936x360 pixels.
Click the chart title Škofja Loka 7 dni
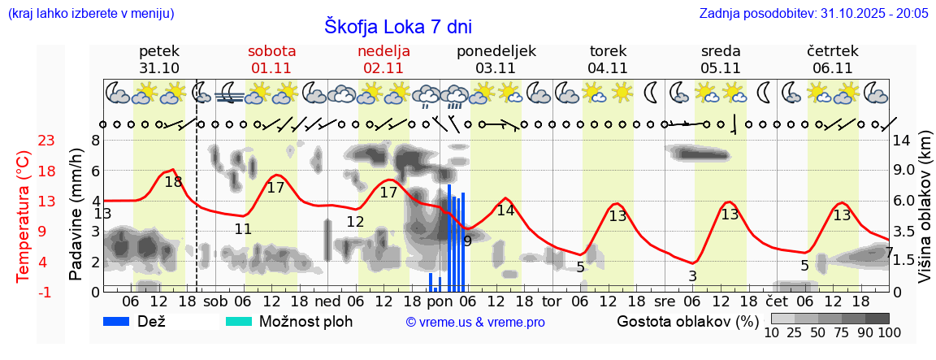point(397,26)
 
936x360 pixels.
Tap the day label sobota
point(271,50)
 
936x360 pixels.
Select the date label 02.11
point(383,68)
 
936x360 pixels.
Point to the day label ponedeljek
point(496,50)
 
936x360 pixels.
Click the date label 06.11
point(832,68)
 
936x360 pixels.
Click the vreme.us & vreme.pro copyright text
point(475,322)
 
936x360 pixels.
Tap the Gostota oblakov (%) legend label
point(687,321)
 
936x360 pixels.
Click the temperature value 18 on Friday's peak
point(173,182)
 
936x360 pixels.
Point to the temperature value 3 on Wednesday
point(692,276)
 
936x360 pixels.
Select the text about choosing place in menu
point(90,14)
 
